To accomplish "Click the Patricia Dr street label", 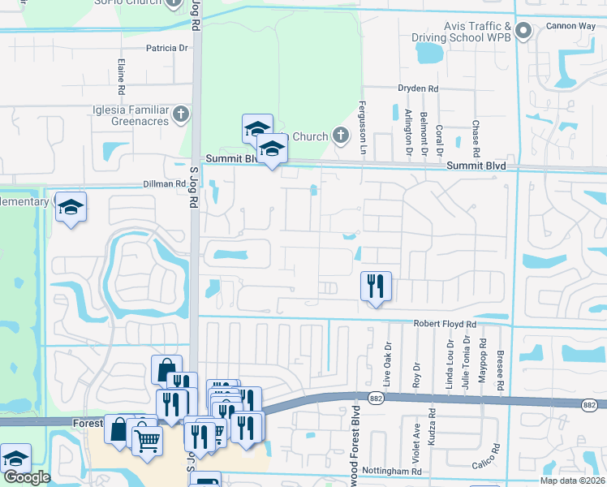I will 167,48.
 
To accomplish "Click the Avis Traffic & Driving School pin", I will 523,32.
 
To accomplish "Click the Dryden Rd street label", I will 417,88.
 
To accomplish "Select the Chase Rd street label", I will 476,139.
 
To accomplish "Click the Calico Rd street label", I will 489,466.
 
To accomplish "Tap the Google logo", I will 27,477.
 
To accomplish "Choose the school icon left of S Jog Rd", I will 71,206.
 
